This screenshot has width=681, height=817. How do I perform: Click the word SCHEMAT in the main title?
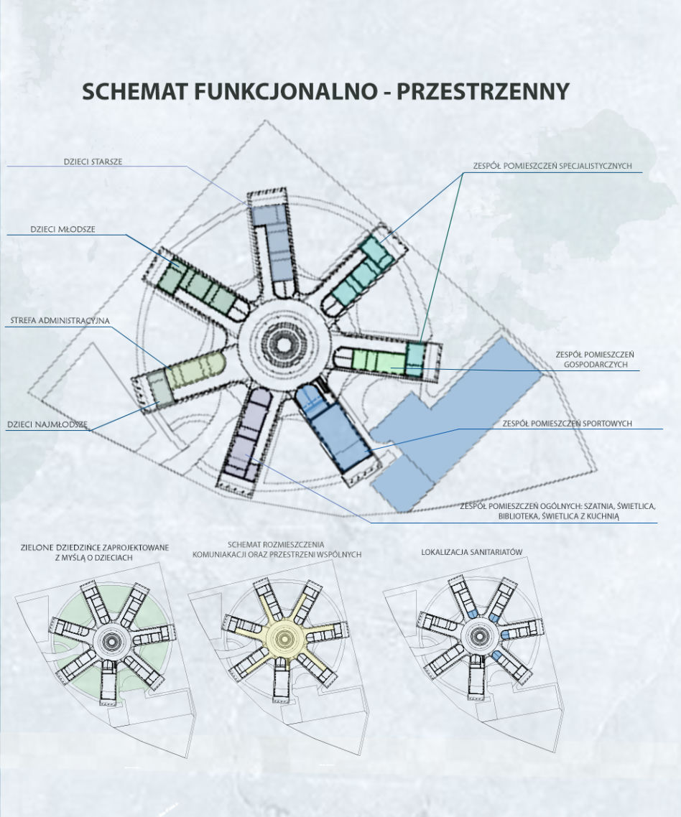click(135, 91)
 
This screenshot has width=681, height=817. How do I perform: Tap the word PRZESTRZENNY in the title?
click(483, 91)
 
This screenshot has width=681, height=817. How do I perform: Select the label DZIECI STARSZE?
click(93, 162)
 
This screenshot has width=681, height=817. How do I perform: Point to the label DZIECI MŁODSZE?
click(62, 229)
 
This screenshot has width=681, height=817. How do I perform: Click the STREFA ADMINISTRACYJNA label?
click(60, 320)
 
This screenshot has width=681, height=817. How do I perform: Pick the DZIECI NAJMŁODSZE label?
click(47, 424)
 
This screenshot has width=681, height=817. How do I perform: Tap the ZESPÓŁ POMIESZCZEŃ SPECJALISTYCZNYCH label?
click(552, 166)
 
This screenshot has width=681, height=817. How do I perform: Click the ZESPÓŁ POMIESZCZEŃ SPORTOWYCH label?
click(567, 424)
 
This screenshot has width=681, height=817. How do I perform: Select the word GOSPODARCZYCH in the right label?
click(596, 364)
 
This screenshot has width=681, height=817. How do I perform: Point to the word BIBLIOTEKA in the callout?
click(519, 516)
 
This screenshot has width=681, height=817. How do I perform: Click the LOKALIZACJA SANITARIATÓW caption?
click(471, 552)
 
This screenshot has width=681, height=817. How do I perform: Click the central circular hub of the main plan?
click(284, 344)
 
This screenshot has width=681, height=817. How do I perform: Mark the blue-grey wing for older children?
click(271, 240)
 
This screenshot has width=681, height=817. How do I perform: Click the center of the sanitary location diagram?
click(478, 635)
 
